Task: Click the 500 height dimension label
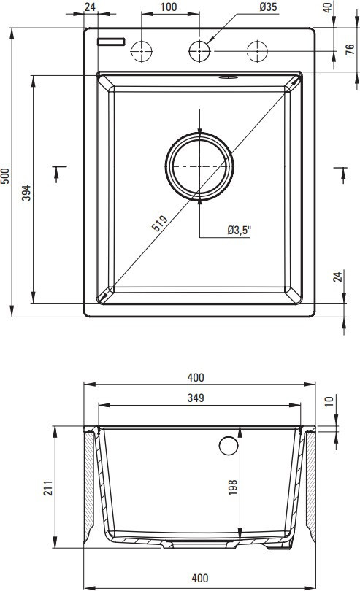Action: click(x=5, y=176)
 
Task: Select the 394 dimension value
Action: click(x=26, y=193)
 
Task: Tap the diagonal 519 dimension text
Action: click(x=159, y=223)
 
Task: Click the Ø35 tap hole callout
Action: click(x=268, y=7)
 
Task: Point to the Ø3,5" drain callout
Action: click(x=240, y=230)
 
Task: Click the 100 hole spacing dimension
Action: click(x=168, y=7)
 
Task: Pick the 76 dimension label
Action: click(x=351, y=50)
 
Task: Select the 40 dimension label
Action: click(x=328, y=7)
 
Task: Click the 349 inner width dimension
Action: click(x=196, y=398)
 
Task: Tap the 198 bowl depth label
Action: click(x=233, y=487)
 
